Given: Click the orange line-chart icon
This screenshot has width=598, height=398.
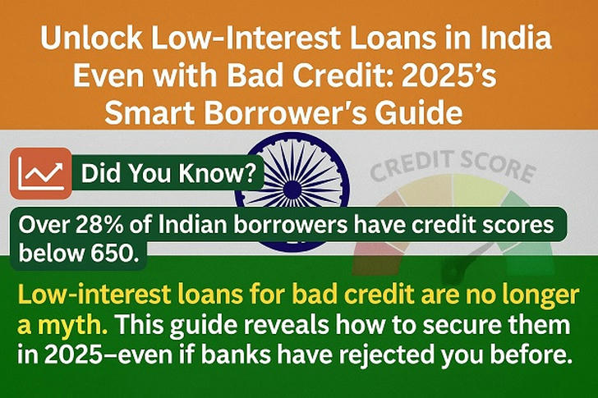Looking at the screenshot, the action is [x=41, y=174].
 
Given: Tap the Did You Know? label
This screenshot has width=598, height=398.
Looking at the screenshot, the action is [x=168, y=174].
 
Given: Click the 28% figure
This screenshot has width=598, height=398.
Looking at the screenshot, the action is [x=100, y=225].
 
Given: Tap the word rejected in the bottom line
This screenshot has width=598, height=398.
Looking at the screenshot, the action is [x=385, y=355].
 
